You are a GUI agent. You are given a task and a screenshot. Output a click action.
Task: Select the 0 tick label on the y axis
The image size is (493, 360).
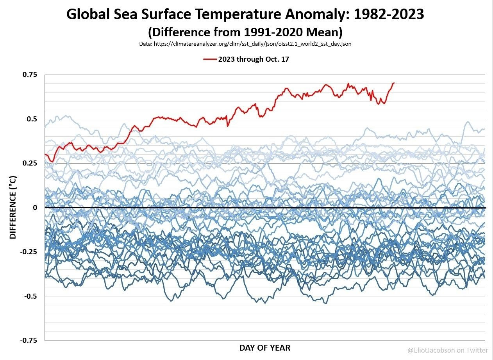[x=35, y=208]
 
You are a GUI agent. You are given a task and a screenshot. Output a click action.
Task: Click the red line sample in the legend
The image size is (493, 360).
[x=209, y=59]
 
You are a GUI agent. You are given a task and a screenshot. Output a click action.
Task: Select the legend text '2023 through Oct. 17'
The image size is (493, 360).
[x=253, y=59]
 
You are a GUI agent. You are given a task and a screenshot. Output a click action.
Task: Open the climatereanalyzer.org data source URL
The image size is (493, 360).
[x=245, y=44]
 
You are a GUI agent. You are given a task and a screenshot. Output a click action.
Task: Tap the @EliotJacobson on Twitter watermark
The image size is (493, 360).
[x=447, y=350]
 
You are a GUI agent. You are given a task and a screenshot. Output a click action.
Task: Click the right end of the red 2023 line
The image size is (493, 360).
[x=394, y=83]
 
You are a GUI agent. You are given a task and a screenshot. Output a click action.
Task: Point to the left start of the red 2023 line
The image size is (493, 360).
[x=45, y=155]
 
